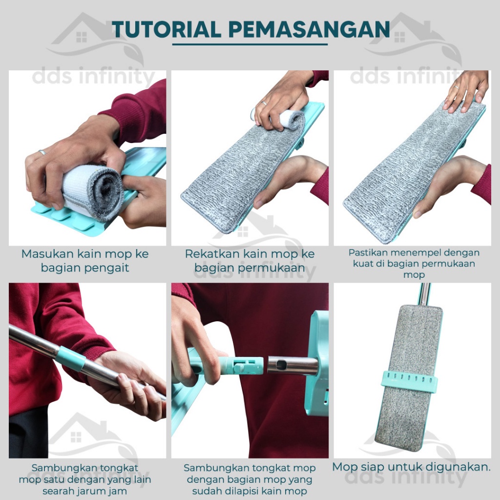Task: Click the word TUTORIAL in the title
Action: pos(167,30)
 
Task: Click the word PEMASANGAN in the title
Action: pos(309,30)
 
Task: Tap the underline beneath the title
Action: pos(250,44)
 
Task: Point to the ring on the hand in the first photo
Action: pos(42,152)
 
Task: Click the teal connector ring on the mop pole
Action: pos(71,358)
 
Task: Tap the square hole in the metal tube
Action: pos(281,364)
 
